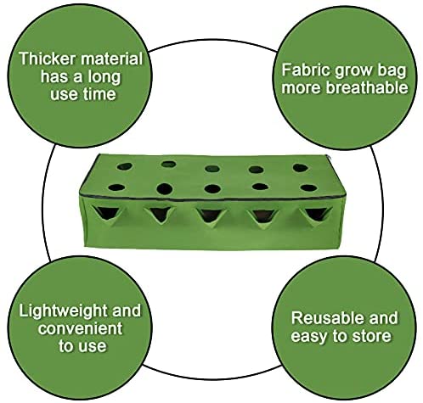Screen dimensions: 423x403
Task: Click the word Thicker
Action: point(47,59)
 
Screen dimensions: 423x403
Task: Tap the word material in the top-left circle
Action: point(111,59)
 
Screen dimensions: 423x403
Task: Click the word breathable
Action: point(367,87)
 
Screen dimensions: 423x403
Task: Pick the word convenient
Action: point(81,328)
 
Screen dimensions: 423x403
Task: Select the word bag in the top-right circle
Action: point(392,71)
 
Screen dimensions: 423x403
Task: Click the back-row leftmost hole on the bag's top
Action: point(125,166)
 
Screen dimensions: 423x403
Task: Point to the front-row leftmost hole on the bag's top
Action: point(116,188)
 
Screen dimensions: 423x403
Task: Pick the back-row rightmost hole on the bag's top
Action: point(301,168)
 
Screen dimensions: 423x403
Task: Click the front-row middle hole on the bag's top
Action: point(212,188)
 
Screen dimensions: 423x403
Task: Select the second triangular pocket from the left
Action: point(159,215)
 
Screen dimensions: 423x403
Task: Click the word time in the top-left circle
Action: point(99,94)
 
